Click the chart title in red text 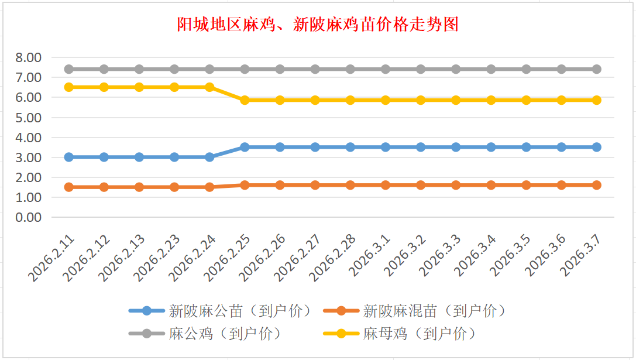click(x=318, y=25)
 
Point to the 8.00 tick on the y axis click(x=29, y=57)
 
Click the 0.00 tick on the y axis click(x=29, y=217)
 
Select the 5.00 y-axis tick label click(x=29, y=118)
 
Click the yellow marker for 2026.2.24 click(x=209, y=87)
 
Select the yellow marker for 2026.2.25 click(x=245, y=100)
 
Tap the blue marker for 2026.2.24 click(x=209, y=157)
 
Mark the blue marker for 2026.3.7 click(x=596, y=147)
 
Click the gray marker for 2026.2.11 click(x=69, y=69)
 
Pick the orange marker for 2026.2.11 click(x=69, y=187)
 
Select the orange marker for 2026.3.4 click(x=491, y=185)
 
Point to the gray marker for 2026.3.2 click(x=421, y=69)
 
